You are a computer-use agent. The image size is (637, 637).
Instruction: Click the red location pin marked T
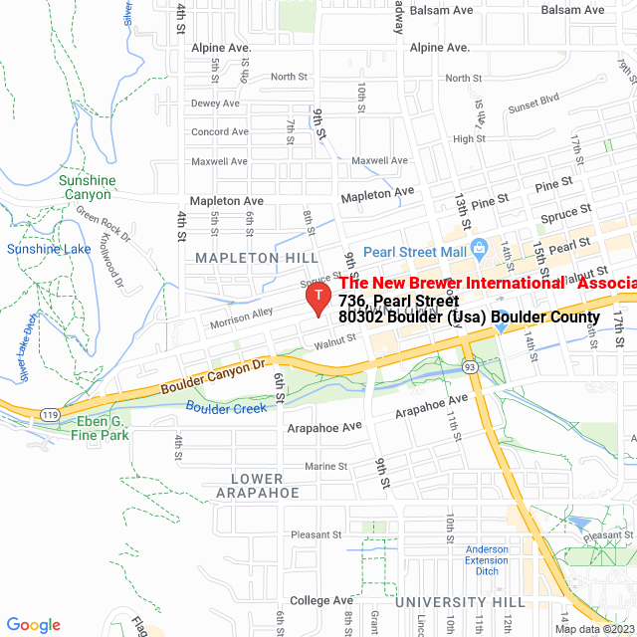coord(318,298)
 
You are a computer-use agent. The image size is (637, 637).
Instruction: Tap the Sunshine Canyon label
coord(87,187)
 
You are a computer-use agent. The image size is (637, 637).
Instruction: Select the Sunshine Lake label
coord(49,249)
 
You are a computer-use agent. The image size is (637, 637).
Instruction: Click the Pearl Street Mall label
coord(414,251)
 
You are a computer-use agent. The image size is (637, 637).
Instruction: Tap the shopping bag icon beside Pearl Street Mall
coord(478,247)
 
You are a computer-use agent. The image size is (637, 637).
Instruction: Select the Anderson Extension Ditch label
coord(486,560)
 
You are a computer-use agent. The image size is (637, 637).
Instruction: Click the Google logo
coord(33,624)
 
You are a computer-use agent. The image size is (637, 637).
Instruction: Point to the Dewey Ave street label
coord(215,104)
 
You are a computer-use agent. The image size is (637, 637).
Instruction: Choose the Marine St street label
coord(325,466)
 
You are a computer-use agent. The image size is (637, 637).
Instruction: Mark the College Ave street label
coord(321,601)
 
